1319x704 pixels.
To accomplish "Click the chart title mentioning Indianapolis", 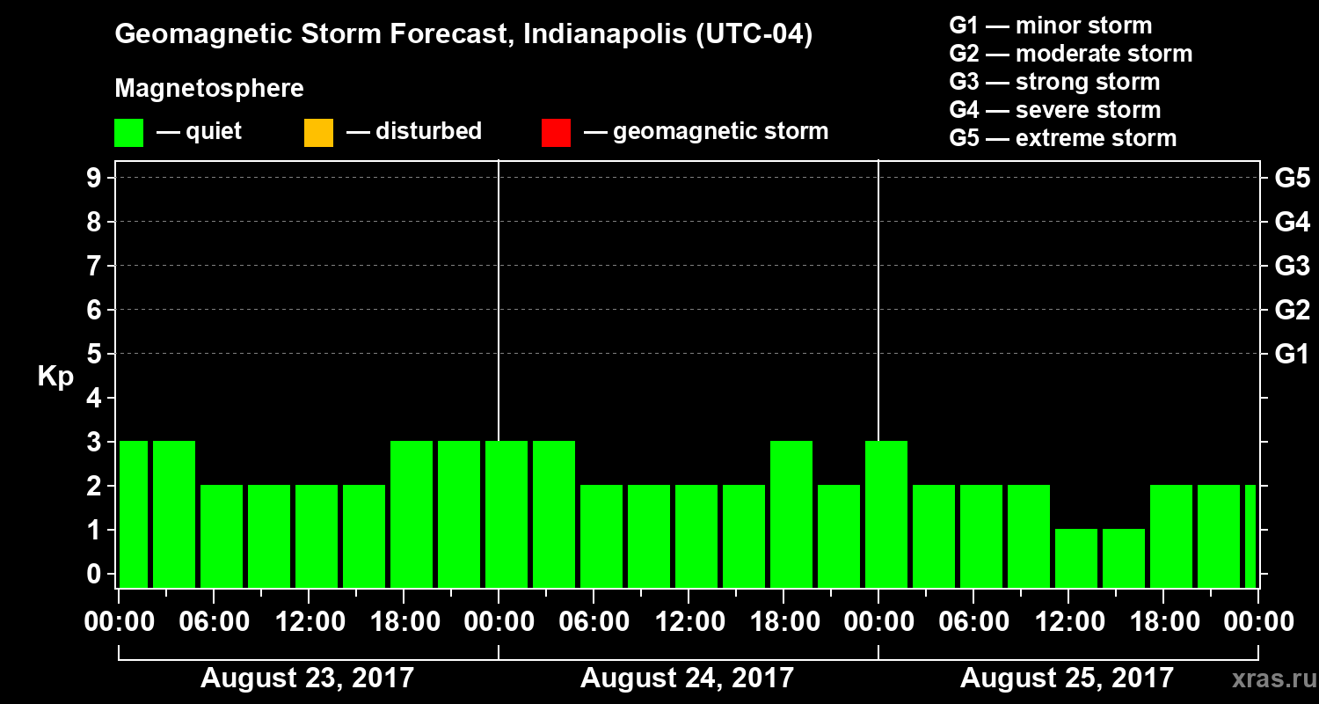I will point(463,35).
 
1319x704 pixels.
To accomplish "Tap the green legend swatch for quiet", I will point(128,132).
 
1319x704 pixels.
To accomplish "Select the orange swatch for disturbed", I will point(318,132).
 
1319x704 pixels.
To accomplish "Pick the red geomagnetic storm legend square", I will point(556,132).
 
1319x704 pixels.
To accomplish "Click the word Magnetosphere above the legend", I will point(209,89).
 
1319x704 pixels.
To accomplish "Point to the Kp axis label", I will point(55,377).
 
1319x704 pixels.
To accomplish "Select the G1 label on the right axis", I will point(1292,354).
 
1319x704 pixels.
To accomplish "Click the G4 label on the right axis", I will point(1292,222).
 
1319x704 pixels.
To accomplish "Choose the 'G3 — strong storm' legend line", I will point(1054,82).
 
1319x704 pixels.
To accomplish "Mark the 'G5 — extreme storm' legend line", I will point(1062,138).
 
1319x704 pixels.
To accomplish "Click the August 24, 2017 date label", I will point(687,678).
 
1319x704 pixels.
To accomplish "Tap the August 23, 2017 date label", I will point(307,678).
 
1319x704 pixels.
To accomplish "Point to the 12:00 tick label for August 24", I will point(689,622).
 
